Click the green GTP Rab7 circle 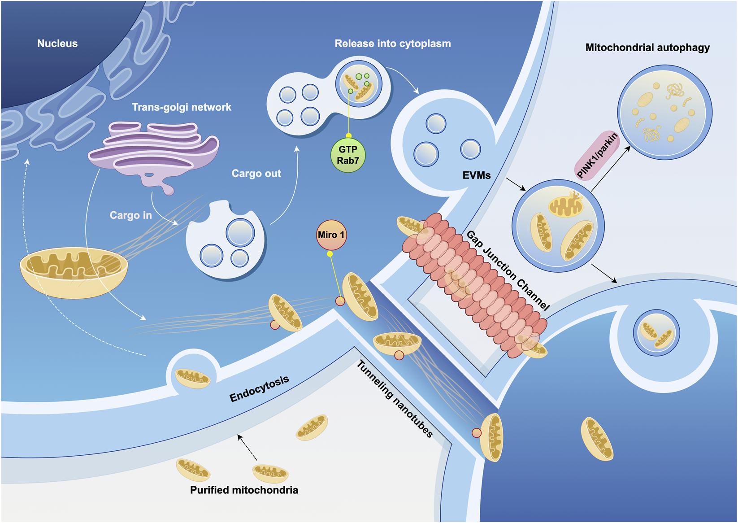pos(348,155)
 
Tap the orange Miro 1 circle pos(331,235)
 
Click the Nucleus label pos(57,44)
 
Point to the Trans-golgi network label pos(182,107)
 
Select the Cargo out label pos(256,174)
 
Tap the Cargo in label pos(131,215)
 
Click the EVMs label pos(477,175)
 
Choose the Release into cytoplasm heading pos(393,44)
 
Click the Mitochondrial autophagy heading pos(647,48)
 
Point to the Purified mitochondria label pos(244,490)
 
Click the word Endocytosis pos(259,388)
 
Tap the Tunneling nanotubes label pos(395,399)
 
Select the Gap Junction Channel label pos(508,271)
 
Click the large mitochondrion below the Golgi pos(74,271)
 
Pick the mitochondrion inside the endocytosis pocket pos(192,378)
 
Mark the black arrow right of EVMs pos(516,184)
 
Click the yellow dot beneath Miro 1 pos(330,254)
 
